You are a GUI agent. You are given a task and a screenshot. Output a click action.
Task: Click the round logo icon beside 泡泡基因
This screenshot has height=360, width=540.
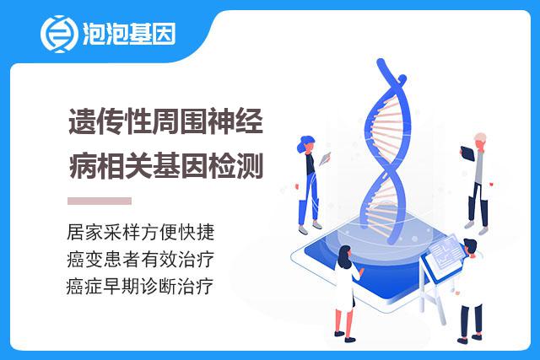[57, 34]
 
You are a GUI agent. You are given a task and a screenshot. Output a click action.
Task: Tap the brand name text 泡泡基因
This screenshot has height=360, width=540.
[129, 34]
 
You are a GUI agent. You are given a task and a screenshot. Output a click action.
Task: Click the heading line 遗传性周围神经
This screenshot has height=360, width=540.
[165, 121]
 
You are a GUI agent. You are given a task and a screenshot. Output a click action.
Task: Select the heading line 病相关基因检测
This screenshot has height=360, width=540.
[165, 166]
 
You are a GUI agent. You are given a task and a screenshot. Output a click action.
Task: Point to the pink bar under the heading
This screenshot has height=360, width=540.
[100, 201]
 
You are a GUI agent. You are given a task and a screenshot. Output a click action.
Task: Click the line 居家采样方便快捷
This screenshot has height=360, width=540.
[141, 232]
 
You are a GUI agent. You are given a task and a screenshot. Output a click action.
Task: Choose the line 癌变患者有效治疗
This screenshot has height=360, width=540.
[141, 259]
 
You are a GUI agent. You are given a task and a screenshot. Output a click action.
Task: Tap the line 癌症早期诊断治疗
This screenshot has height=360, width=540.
[140, 286]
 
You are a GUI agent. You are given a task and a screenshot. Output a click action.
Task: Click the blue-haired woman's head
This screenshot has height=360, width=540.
[305, 143]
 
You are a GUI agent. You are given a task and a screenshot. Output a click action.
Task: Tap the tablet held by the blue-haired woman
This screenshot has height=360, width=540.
[325, 159]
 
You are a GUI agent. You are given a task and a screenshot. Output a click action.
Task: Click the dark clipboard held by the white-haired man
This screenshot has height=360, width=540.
[467, 153]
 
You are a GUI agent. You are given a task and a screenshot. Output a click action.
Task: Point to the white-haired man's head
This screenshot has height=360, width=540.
[480, 140]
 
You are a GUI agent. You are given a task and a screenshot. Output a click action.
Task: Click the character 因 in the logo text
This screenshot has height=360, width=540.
[164, 34]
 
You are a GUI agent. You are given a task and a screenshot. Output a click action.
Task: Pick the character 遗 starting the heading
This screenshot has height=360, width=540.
[83, 121]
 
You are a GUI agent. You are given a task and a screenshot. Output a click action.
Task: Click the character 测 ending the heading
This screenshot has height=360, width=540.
[250, 166]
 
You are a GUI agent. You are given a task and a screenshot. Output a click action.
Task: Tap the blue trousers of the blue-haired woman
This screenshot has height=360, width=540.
[309, 199]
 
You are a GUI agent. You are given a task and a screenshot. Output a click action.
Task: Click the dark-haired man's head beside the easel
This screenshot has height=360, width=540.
[470, 245]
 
